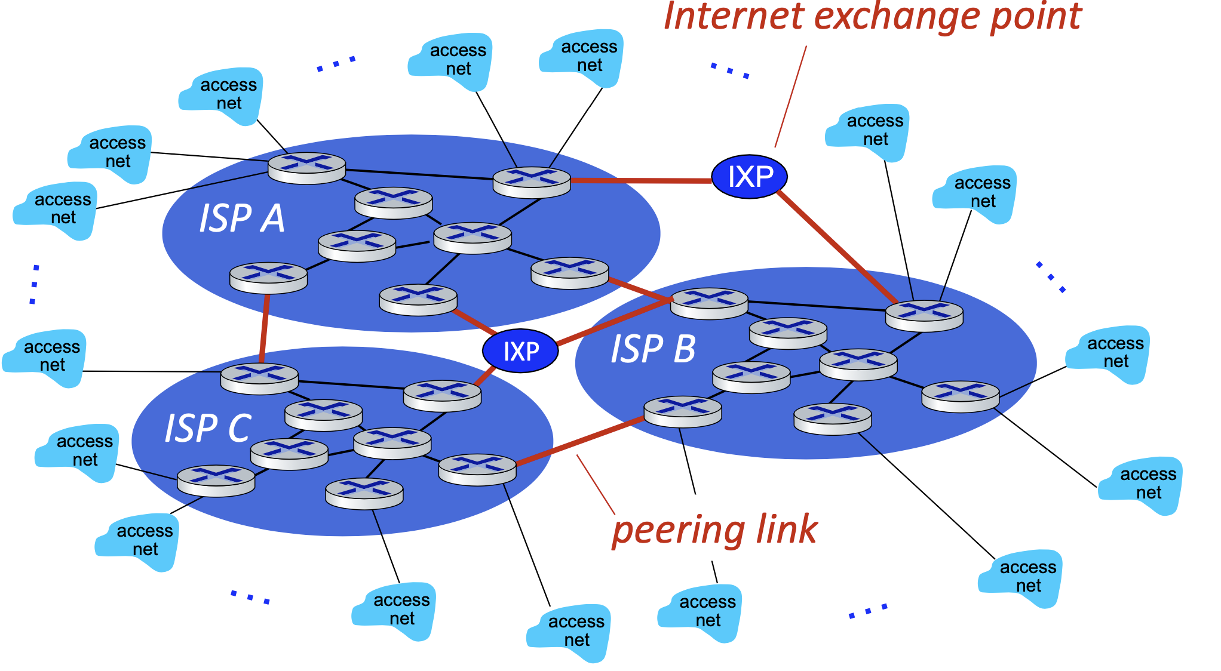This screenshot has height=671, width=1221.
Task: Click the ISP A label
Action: (x=242, y=218)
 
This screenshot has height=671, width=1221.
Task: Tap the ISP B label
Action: (x=653, y=349)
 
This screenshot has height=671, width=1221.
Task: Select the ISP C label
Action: (x=208, y=429)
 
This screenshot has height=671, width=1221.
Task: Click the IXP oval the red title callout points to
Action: (x=750, y=177)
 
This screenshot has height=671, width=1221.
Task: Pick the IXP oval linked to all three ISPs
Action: (x=520, y=352)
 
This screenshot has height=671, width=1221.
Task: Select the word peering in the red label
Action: (x=679, y=530)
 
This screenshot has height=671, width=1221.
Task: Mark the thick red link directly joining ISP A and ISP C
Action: (x=263, y=328)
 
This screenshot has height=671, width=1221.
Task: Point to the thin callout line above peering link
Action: (x=595, y=484)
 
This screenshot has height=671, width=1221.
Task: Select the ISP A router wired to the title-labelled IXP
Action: (x=532, y=181)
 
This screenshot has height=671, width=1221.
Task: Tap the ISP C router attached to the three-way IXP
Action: (x=442, y=395)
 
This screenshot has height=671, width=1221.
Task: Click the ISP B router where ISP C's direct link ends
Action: (x=683, y=411)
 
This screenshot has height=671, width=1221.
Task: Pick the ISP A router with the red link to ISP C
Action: (x=268, y=278)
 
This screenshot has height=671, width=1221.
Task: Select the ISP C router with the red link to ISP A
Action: (x=259, y=378)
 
